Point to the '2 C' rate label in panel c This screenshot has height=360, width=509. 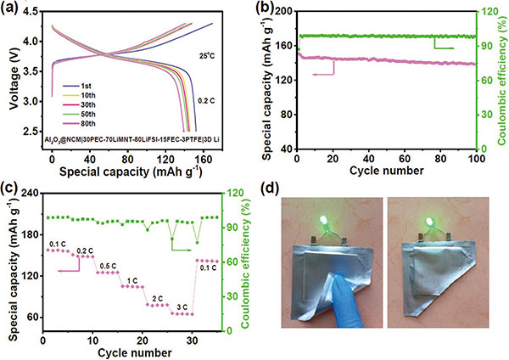157,297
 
